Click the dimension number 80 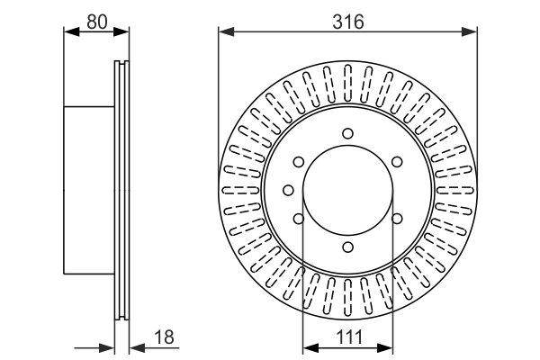coord(97,22)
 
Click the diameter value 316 coord(347,22)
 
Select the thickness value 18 coord(165,337)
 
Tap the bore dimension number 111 coord(349,337)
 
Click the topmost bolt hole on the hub coord(347,133)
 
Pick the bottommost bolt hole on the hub coord(347,247)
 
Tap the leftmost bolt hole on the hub coord(288,190)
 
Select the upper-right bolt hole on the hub coord(397,162)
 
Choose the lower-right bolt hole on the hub coord(397,219)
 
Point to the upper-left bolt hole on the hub coord(299,162)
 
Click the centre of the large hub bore coord(347,190)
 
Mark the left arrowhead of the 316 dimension coord(226,31)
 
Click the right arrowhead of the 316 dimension coord(470,31)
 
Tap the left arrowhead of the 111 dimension coord(310,348)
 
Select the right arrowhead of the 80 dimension coord(121,31)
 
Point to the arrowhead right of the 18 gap coord(137,348)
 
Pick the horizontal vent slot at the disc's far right coord(455,190)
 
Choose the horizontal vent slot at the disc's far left coord(240,190)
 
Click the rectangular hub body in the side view coord(89,190)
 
